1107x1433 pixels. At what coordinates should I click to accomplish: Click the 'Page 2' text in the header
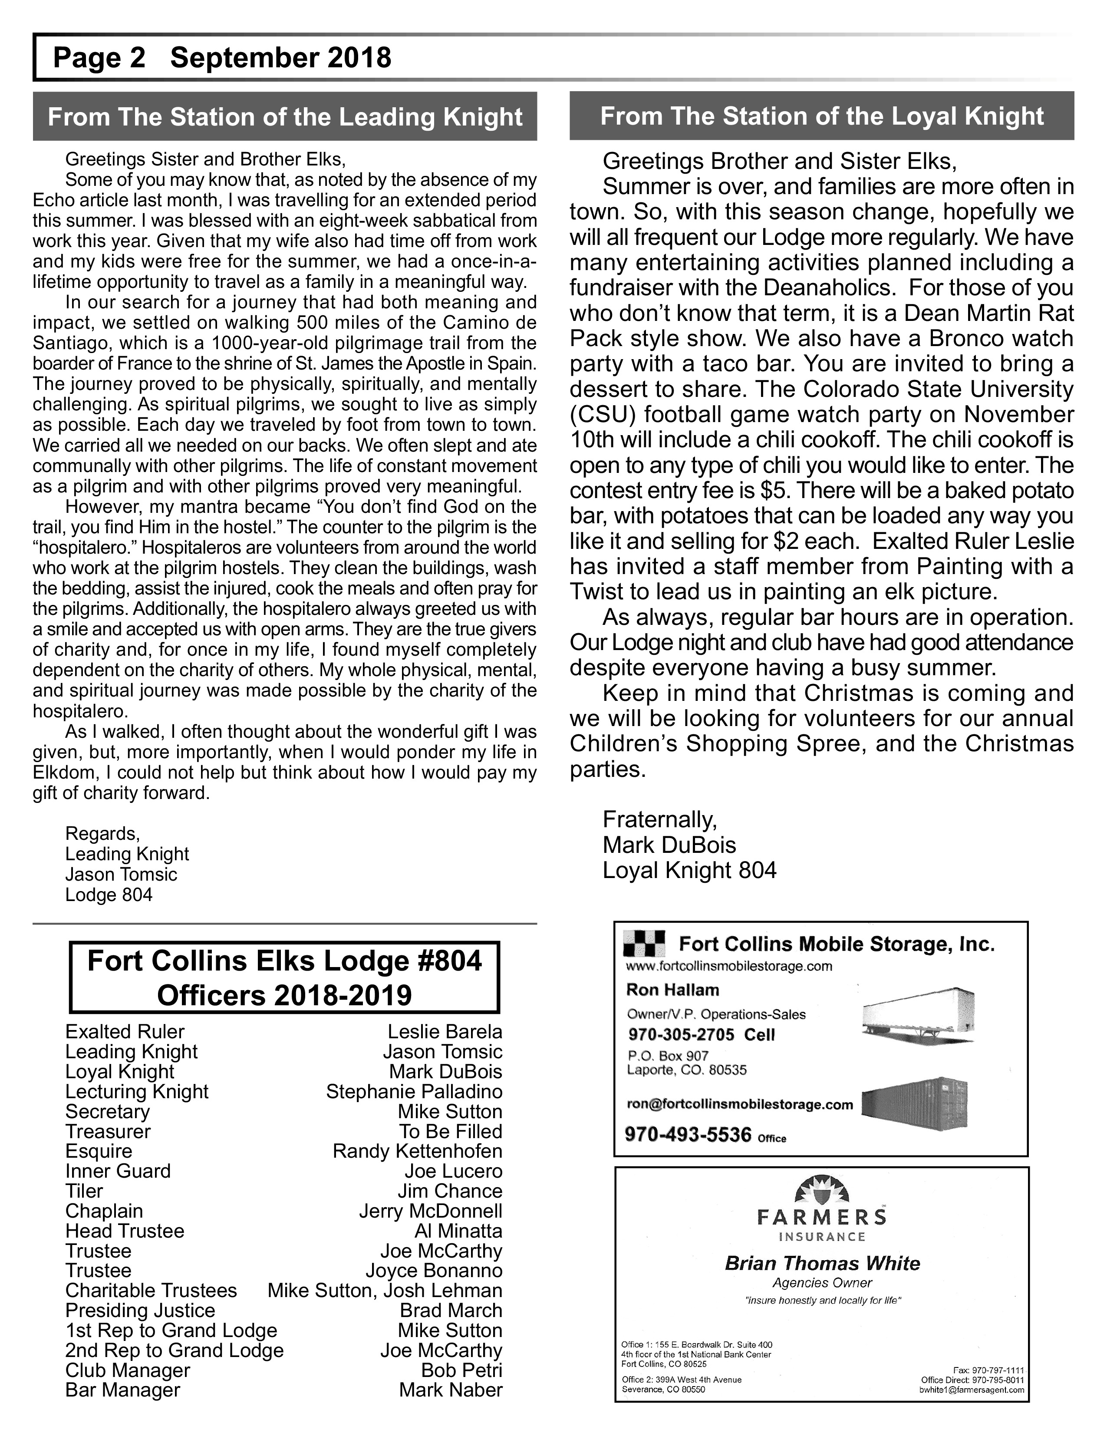[99, 58]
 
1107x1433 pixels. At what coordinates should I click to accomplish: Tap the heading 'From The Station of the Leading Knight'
[285, 117]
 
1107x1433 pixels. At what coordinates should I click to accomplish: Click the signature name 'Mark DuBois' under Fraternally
[669, 845]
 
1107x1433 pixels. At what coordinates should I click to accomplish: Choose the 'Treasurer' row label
[108, 1132]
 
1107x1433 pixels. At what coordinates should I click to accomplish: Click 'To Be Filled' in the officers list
[451, 1132]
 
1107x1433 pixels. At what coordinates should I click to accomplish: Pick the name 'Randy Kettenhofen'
[417, 1152]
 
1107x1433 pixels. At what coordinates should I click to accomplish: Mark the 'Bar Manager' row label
[122, 1390]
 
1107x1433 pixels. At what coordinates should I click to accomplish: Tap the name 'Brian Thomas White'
[822, 1264]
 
